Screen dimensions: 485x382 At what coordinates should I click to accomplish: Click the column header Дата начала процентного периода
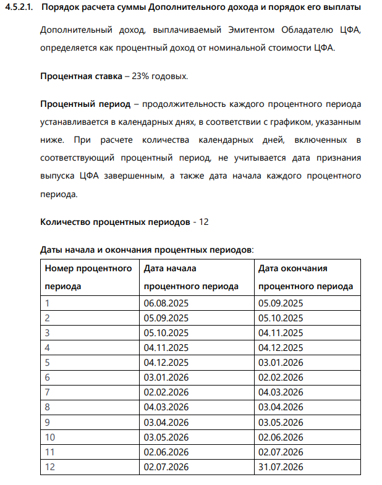(x=190, y=277)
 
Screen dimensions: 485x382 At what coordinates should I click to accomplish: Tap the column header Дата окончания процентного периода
(x=305, y=277)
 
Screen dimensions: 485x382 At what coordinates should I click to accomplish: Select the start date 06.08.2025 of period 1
(x=166, y=303)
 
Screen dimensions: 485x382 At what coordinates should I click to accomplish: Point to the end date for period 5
(x=281, y=363)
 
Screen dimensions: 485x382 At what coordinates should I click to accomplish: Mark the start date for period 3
(x=166, y=333)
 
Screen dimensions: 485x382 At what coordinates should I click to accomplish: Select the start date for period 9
(x=166, y=423)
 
